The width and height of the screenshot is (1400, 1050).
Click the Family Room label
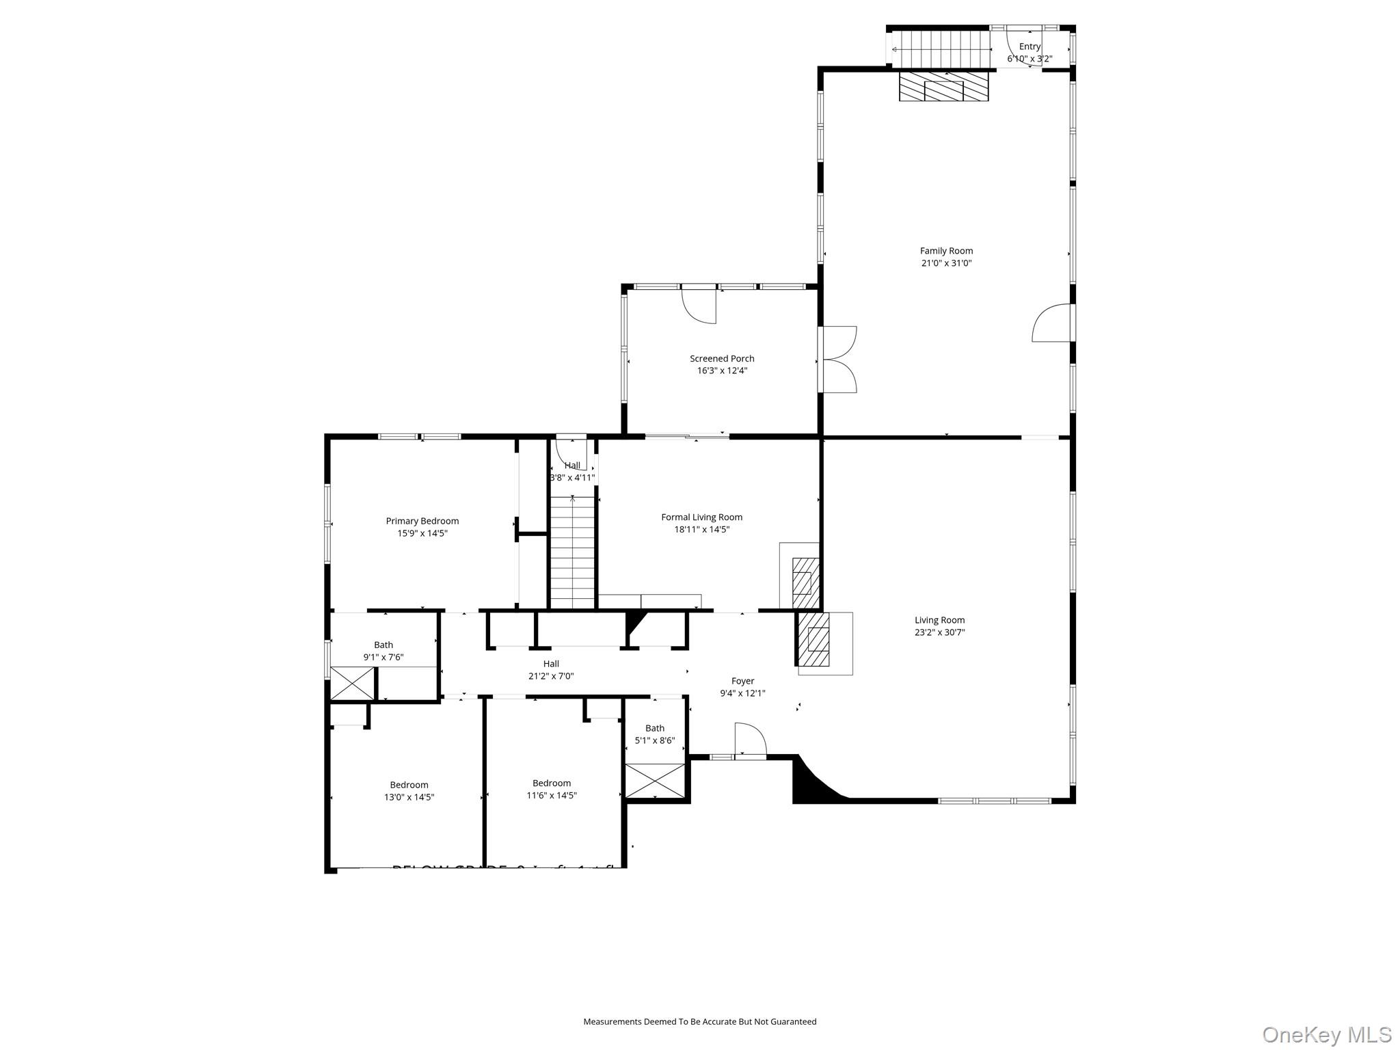(946, 251)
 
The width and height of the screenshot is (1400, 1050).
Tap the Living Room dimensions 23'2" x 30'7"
(939, 632)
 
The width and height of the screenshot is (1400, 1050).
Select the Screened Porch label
(722, 358)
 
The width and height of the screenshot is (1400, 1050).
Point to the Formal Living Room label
(701, 517)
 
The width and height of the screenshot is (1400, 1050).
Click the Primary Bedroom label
(422, 521)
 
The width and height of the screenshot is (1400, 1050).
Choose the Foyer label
(742, 681)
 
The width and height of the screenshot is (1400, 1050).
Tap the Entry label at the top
(1029, 46)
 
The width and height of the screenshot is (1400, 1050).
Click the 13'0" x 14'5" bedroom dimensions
(409, 797)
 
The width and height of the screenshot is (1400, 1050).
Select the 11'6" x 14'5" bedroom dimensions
(552, 795)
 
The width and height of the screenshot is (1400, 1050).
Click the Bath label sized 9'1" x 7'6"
(383, 645)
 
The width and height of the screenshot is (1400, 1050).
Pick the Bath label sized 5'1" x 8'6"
(655, 728)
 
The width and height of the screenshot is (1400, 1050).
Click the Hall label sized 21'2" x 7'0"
(551, 664)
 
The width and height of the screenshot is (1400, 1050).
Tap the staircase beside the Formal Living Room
(573, 554)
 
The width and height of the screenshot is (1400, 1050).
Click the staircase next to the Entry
(943, 49)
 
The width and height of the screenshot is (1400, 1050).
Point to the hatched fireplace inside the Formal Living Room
(805, 582)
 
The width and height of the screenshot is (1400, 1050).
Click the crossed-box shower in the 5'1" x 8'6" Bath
(655, 781)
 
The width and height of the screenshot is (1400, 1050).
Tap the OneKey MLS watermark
(1326, 1035)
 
